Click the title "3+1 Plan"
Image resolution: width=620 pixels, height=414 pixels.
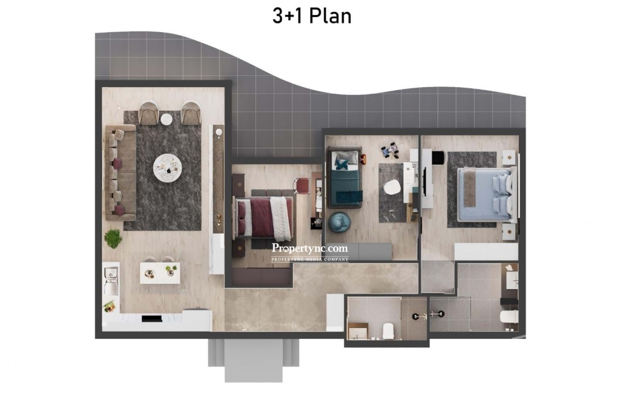click(x=312, y=16)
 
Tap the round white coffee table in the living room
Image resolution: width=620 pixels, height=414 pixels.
click(x=168, y=168)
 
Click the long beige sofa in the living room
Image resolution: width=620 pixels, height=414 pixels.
click(x=120, y=172)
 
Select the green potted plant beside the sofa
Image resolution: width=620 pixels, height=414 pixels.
click(x=113, y=238)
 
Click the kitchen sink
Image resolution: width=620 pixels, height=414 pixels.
click(x=111, y=281)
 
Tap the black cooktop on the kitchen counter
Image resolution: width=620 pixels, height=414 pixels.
click(x=152, y=318)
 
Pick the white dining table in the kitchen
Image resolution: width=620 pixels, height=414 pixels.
click(x=160, y=273)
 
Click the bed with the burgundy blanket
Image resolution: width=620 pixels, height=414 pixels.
click(x=264, y=218)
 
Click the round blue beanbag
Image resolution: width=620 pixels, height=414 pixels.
click(x=339, y=222)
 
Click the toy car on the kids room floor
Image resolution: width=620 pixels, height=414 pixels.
click(x=390, y=150)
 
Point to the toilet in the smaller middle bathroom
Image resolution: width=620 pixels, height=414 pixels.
click(x=388, y=331)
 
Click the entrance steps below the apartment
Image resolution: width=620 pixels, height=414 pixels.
click(x=254, y=360)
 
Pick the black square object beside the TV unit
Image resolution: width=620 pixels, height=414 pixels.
click(x=438, y=157)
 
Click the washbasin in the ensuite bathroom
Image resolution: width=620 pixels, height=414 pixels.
click(x=512, y=279)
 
